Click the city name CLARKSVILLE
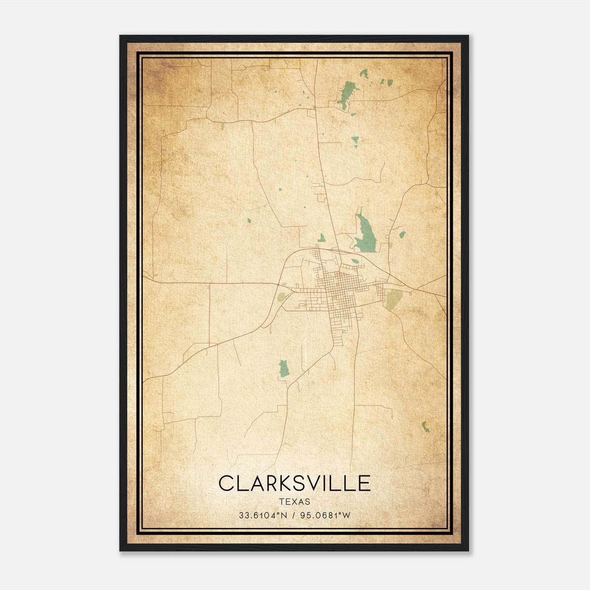[294, 483]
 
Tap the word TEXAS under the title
[294, 502]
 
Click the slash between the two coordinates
[294, 516]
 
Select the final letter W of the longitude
[346, 516]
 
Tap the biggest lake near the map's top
[346, 94]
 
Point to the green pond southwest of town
[283, 368]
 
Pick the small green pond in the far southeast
[426, 427]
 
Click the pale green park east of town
[394, 298]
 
